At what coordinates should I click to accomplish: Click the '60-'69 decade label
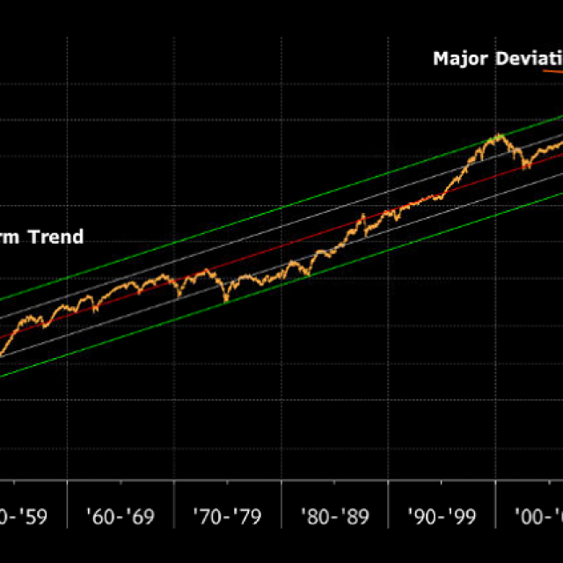coord(121,516)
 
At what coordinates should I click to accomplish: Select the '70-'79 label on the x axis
coord(228,516)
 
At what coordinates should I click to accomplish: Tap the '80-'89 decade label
coord(335,516)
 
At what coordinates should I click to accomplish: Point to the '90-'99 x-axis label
coord(442,516)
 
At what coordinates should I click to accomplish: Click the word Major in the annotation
coord(459,60)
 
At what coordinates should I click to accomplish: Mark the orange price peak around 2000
coord(499,135)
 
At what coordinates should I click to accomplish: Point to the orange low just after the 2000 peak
coord(526,167)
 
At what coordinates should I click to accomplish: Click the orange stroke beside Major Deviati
coord(553,69)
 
